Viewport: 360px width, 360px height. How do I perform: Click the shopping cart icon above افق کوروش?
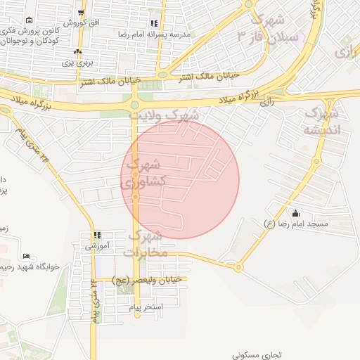click(82, 13)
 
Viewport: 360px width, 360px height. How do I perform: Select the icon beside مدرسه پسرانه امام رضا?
click(154, 23)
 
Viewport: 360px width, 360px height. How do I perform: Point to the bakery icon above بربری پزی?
click(77, 51)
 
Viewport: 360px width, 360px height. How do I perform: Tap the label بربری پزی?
click(77, 63)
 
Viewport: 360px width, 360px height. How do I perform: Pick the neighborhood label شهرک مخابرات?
click(146, 242)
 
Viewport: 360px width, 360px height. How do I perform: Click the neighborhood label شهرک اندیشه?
click(322, 121)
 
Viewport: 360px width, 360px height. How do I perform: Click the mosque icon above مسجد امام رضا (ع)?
click(295, 213)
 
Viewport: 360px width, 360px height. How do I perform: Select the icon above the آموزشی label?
click(97, 235)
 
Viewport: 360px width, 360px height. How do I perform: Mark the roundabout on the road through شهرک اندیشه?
click(238, 266)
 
